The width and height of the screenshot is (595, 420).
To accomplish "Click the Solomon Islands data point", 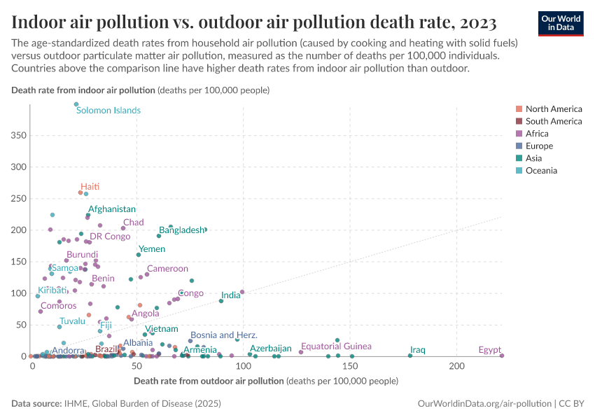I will click(76, 104).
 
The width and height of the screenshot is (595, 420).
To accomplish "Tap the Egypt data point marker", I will click(502, 356).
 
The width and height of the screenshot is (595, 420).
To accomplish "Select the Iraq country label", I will click(418, 349).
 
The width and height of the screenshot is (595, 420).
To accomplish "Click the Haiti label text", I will click(90, 186).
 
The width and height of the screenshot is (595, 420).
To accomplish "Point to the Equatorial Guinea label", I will click(336, 346).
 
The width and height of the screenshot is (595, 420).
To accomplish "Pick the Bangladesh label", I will click(181, 230).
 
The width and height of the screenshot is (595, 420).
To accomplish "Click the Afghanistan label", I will click(112, 209).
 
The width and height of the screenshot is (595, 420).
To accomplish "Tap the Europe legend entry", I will click(538, 146).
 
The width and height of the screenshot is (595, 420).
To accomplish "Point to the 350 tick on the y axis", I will click(18, 135).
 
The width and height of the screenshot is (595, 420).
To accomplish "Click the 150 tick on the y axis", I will click(18, 262).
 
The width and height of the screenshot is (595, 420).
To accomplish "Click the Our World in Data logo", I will click(561, 23).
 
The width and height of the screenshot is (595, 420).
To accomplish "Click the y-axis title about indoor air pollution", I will click(140, 90).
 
